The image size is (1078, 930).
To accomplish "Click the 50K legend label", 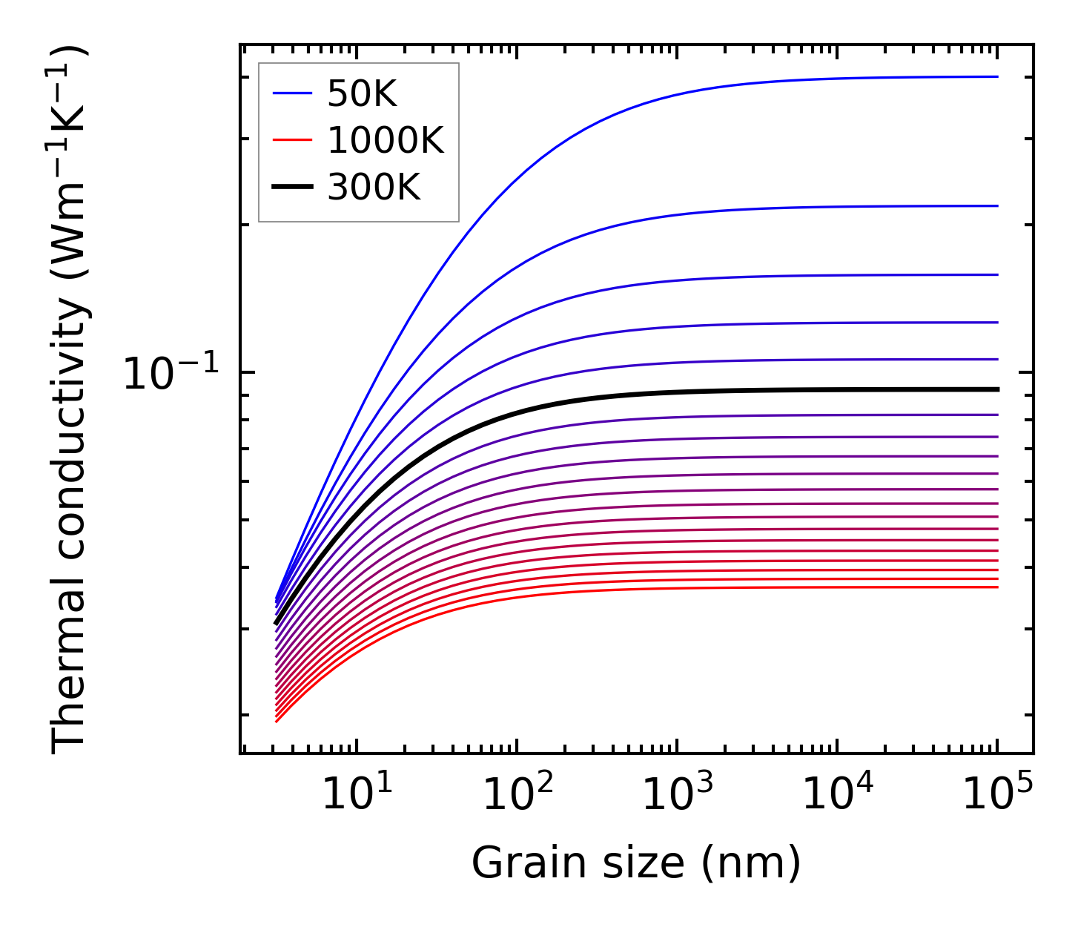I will click(x=362, y=94).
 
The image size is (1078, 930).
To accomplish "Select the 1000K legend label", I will click(x=386, y=140).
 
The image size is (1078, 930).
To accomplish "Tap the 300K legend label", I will click(x=374, y=188).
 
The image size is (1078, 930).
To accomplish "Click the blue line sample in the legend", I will click(x=292, y=93).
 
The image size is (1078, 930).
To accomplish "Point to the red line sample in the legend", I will click(x=292, y=140).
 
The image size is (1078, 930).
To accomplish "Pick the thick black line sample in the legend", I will click(x=292, y=187).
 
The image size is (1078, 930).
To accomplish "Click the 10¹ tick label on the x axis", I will click(x=357, y=796).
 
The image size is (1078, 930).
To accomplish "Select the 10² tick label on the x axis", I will click(x=517, y=796).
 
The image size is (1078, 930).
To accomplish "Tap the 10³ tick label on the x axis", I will click(x=677, y=796).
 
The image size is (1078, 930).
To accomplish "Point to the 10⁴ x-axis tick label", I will click(x=837, y=796).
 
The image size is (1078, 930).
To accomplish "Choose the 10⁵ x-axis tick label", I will click(x=997, y=796).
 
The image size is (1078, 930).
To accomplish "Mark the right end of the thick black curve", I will click(x=998, y=389).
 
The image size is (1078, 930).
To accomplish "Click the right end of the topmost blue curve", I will click(x=998, y=76).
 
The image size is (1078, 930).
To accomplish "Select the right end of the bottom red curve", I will click(x=998, y=587).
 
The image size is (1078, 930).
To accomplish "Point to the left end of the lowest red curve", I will click(x=276, y=721).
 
